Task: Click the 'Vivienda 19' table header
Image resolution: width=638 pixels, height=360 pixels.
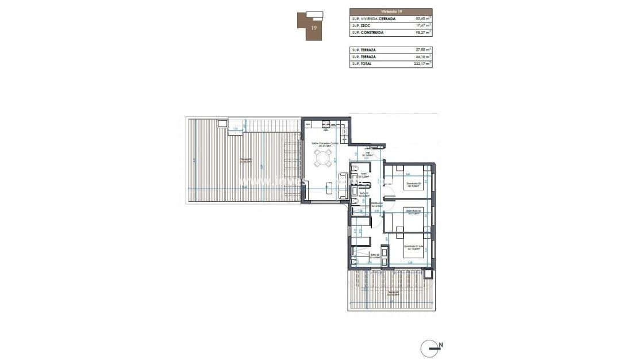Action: pos(391,11)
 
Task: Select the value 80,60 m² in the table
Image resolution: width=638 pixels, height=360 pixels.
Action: pos(423,18)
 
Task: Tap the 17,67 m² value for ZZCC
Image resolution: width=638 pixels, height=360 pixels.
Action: pos(423,25)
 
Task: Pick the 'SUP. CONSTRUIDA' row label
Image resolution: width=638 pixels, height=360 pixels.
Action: pos(368,33)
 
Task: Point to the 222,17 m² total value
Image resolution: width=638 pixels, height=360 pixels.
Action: pos(422,64)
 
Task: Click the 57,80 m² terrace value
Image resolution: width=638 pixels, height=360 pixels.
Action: pos(423,50)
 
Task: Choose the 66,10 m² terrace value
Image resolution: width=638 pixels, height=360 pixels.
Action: pos(423,57)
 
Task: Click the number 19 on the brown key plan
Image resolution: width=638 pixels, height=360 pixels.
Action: pos(314,27)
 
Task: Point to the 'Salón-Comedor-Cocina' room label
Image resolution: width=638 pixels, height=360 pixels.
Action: pos(322,144)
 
